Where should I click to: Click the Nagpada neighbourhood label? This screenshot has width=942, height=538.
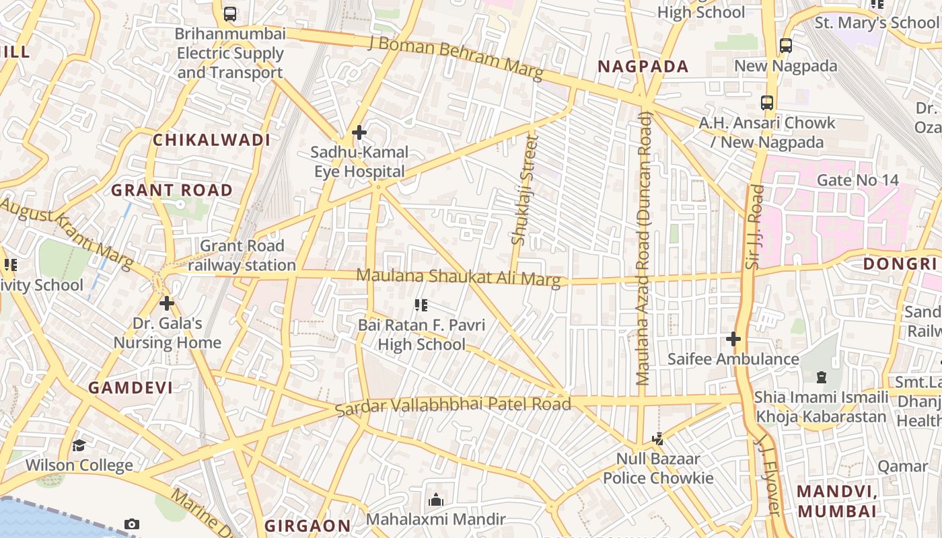[643, 67]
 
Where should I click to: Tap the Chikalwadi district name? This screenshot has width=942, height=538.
[211, 140]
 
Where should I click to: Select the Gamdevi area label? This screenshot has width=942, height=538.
[131, 387]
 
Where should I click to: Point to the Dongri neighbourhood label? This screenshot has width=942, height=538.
[900, 264]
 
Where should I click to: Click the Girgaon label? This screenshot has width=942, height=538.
[307, 525]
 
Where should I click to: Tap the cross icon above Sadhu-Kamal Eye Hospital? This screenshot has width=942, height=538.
[359, 132]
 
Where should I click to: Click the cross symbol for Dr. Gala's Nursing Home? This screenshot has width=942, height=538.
[167, 303]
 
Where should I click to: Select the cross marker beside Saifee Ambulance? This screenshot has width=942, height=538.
[733, 339]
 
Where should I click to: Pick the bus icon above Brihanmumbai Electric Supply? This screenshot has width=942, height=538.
[230, 13]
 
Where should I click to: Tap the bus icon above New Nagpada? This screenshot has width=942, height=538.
[786, 46]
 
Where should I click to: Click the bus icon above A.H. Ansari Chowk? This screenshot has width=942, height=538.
[767, 103]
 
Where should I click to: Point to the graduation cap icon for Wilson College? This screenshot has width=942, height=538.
[79, 445]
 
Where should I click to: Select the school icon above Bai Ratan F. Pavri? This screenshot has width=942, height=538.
[421, 306]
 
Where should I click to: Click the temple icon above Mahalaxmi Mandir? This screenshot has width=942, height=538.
[436, 500]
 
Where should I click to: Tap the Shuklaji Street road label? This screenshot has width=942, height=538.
[526, 190]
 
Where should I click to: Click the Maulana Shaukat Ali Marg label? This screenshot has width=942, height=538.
[458, 277]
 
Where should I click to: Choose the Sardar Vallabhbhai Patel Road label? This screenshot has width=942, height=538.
[453, 405]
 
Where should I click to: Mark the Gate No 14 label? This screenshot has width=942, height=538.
[857, 180]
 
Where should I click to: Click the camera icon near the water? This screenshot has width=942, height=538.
[132, 524]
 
